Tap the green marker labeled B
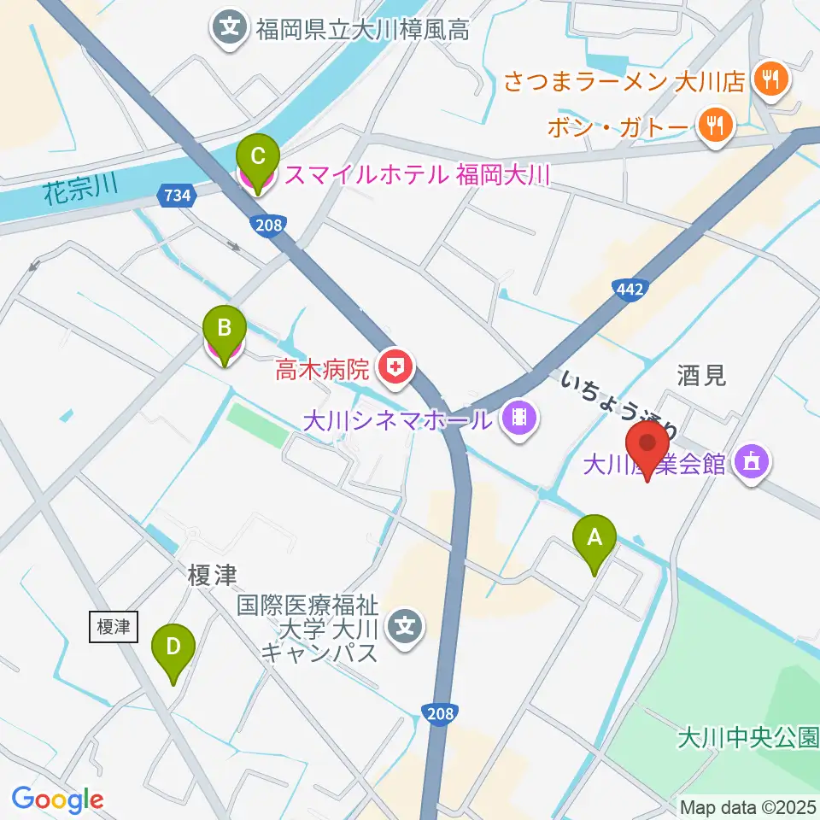224,329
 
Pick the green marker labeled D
173,647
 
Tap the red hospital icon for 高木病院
396,369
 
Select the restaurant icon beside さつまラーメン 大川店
772,82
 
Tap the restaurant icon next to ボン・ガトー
713,126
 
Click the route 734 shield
174,196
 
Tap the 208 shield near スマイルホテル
266,224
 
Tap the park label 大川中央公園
748,736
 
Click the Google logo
57,799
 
